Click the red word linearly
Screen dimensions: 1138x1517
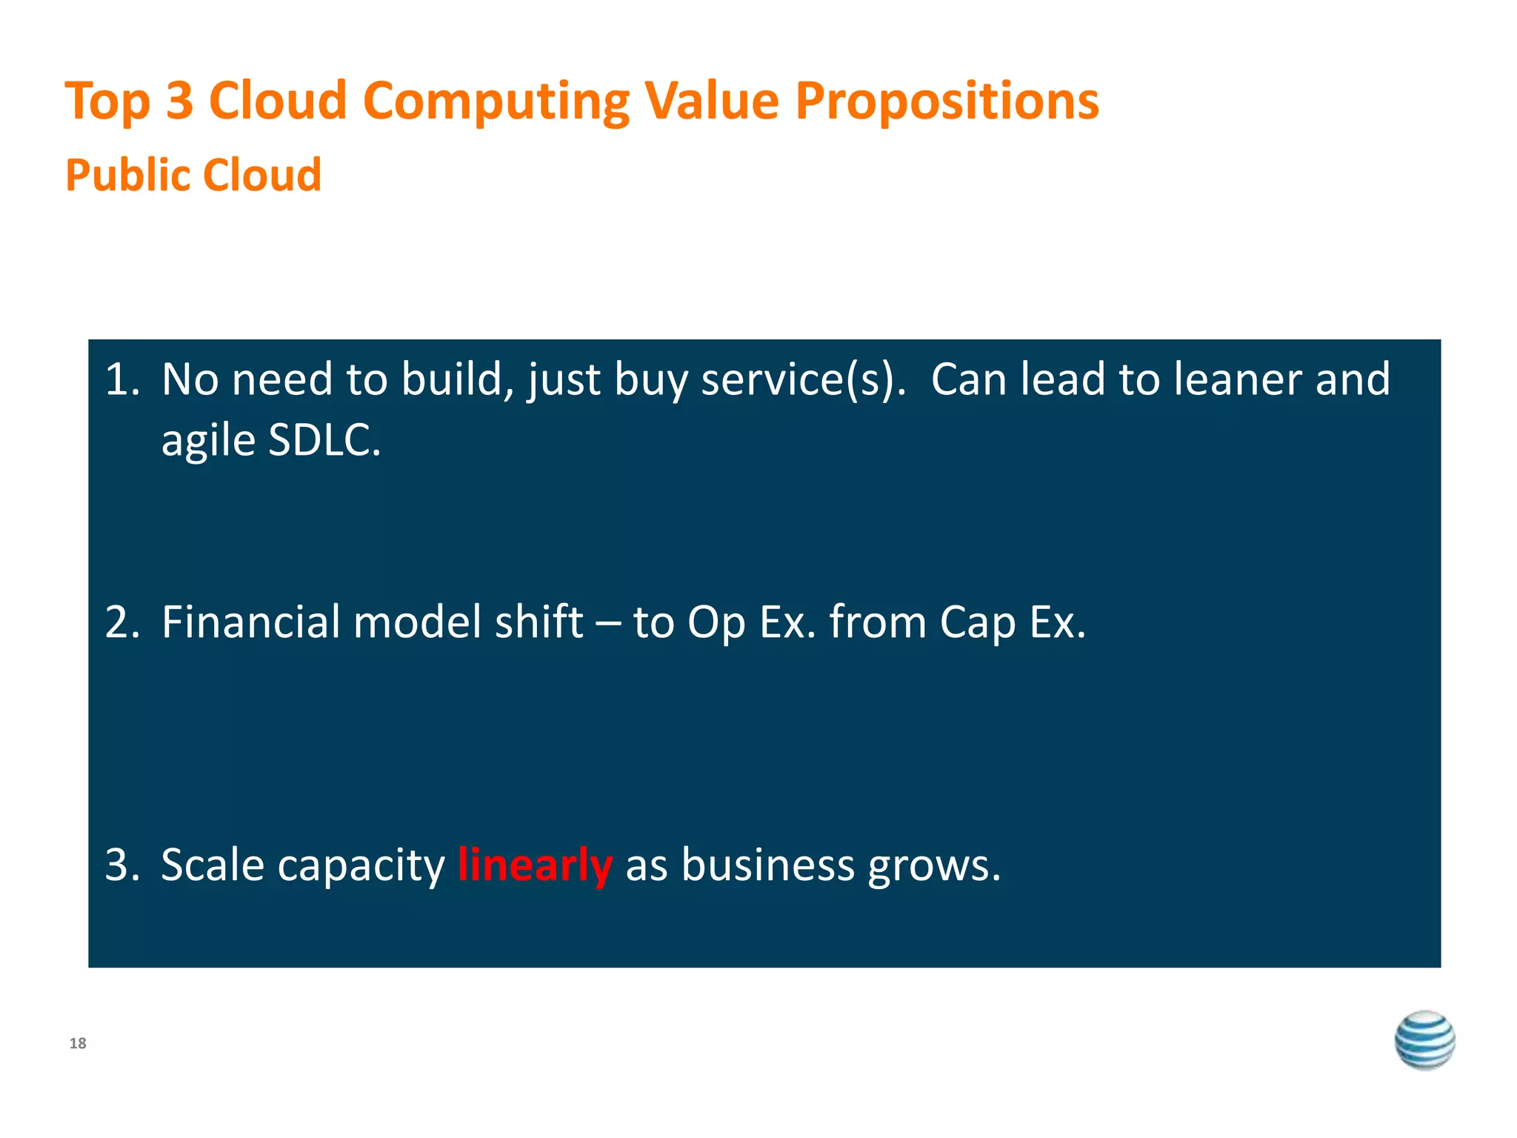535,865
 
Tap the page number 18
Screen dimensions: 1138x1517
78,1044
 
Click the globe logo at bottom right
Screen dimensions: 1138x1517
1424,1040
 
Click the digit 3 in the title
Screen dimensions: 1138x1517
179,101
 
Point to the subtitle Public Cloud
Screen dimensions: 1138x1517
193,176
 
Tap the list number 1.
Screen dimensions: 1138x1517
121,379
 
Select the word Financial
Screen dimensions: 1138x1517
250,622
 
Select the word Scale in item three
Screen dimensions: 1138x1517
213,865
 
